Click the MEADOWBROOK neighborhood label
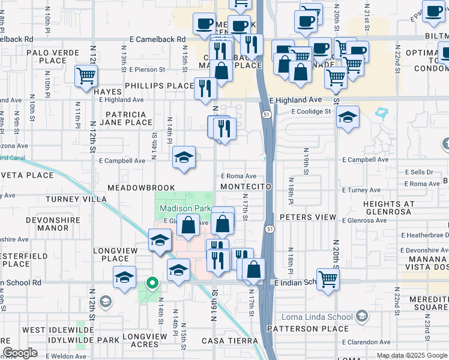coord(141,188)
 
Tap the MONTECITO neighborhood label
coord(246,187)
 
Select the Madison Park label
coord(185,208)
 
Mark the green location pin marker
coord(153,283)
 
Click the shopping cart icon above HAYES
coord(86,76)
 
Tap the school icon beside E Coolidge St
coord(347,117)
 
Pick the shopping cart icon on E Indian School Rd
coord(328,278)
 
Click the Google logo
coord(20,353)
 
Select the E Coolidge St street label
coord(312,112)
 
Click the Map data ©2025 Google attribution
coord(411,355)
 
